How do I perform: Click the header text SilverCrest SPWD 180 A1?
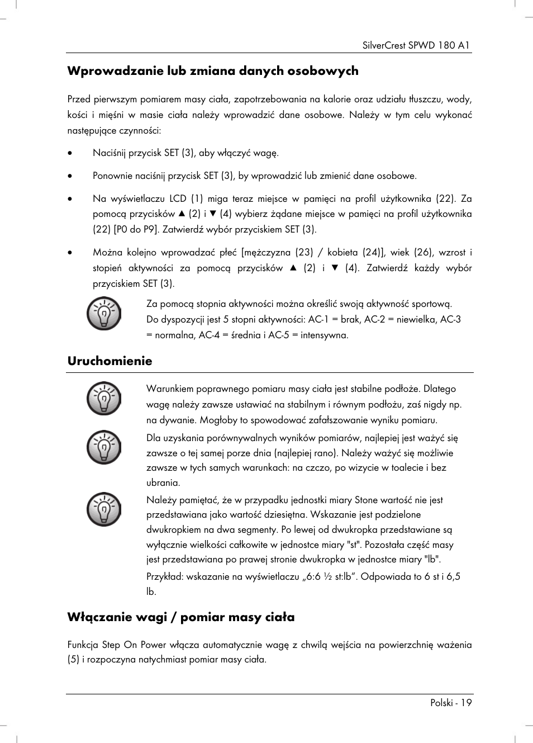pyautogui.click(x=416, y=45)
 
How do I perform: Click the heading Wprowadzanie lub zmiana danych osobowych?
pyautogui.click(x=212, y=71)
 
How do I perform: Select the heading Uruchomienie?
pyautogui.click(x=110, y=361)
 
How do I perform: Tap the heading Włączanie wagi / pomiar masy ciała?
pyautogui.click(x=180, y=617)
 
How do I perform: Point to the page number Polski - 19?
pyautogui.click(x=450, y=703)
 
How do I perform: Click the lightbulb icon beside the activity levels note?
pyautogui.click(x=103, y=314)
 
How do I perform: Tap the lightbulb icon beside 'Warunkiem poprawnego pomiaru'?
pyautogui.click(x=103, y=399)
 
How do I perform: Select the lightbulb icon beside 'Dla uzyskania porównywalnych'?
pyautogui.click(x=103, y=447)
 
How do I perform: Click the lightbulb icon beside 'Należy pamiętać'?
pyautogui.click(x=103, y=509)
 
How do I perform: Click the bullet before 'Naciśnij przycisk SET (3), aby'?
pyautogui.click(x=70, y=153)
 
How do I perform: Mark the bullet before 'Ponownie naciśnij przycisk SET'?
pyautogui.click(x=70, y=176)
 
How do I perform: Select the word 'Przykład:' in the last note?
pyautogui.click(x=165, y=576)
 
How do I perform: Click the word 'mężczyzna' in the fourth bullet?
pyautogui.click(x=268, y=252)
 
